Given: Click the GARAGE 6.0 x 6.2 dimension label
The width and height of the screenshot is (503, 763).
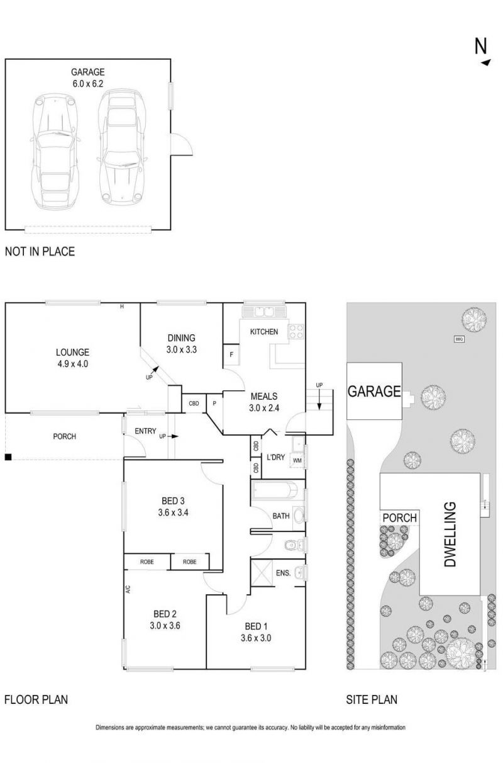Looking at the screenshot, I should (x=87, y=77).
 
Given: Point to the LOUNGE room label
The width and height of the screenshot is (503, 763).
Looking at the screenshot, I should (x=72, y=358).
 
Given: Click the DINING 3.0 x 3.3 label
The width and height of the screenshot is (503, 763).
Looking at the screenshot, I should (x=181, y=343).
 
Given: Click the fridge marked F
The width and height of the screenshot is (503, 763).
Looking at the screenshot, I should (x=231, y=355).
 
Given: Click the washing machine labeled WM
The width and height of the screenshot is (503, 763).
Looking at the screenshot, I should (x=296, y=461).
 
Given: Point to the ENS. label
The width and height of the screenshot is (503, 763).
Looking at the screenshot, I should (x=283, y=573).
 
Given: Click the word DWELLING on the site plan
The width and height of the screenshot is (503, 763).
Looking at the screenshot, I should (x=450, y=534).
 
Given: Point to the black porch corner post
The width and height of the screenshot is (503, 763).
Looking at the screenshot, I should (x=8, y=456).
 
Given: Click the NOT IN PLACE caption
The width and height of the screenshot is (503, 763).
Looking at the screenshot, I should (x=40, y=251).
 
